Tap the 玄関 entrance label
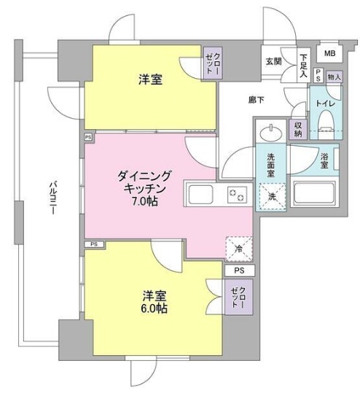click(273, 61)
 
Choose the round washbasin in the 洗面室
click(270, 133)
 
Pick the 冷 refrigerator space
click(239, 248)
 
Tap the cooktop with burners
click(237, 195)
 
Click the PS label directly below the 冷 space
click(239, 271)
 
